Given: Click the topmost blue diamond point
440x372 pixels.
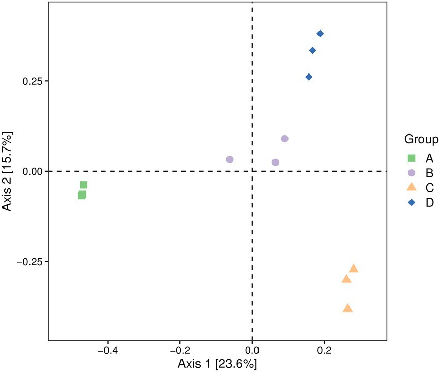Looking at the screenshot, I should pyautogui.click(x=320, y=34).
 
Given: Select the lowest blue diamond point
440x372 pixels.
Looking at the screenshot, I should pyautogui.click(x=309, y=77).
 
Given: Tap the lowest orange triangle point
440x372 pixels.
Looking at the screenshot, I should pyautogui.click(x=347, y=308).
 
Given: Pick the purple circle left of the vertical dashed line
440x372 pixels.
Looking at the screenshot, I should pyautogui.click(x=230, y=160).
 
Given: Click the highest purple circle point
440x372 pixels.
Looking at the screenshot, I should pyautogui.click(x=284, y=139).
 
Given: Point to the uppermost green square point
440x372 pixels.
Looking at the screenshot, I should pyautogui.click(x=84, y=185).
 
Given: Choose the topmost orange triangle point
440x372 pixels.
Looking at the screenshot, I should pyautogui.click(x=354, y=269).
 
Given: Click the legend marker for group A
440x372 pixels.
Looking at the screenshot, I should pyautogui.click(x=412, y=158).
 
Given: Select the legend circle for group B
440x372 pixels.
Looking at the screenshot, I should pyautogui.click(x=412, y=173).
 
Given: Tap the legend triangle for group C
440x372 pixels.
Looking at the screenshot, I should pyautogui.click(x=412, y=187).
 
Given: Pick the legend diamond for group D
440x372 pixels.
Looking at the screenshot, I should pyautogui.click(x=412, y=203).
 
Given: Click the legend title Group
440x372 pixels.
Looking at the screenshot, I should pyautogui.click(x=421, y=139).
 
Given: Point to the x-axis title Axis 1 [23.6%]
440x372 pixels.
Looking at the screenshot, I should pyautogui.click(x=217, y=364).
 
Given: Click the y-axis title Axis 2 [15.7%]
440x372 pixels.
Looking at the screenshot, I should pyautogui.click(x=9, y=171).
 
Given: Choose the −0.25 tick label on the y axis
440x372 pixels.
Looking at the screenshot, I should pyautogui.click(x=29, y=262).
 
